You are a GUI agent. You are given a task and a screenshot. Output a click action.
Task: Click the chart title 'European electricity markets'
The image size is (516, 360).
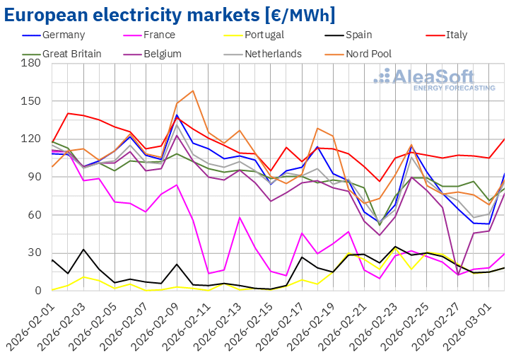[x=170, y=15]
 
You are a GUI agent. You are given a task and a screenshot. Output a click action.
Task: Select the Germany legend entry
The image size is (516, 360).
[x=63, y=35]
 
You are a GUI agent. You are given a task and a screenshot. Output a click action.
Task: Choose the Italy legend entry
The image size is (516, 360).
[x=449, y=35]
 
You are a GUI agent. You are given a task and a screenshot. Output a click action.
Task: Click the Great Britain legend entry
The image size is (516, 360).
[x=71, y=53]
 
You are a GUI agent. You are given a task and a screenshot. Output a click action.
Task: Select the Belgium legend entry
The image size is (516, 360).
[x=161, y=53]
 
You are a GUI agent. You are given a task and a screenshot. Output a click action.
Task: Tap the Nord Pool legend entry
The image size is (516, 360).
[x=367, y=53]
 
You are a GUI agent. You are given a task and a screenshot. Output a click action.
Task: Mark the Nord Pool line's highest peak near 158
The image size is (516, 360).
[x=193, y=91]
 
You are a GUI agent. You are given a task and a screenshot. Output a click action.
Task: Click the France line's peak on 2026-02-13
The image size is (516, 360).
[x=240, y=217]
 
